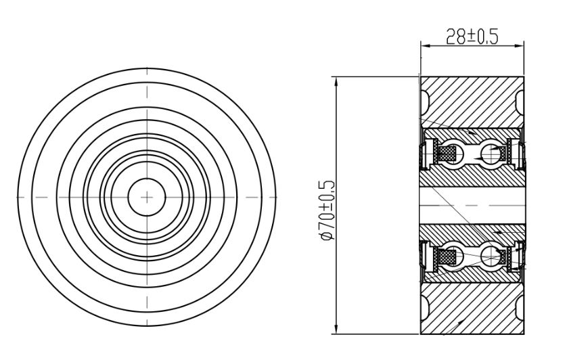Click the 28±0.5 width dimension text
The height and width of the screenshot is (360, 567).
click(472, 36)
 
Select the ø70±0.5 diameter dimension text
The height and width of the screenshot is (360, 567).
click(327, 210)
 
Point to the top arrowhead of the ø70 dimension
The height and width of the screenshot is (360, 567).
click(337, 82)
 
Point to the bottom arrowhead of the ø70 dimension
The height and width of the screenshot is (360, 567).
click(337, 329)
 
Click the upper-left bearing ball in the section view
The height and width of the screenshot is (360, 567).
click(453, 154)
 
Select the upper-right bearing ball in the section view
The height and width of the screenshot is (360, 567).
click(491, 154)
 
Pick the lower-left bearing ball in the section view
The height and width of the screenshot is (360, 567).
click(453, 257)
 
